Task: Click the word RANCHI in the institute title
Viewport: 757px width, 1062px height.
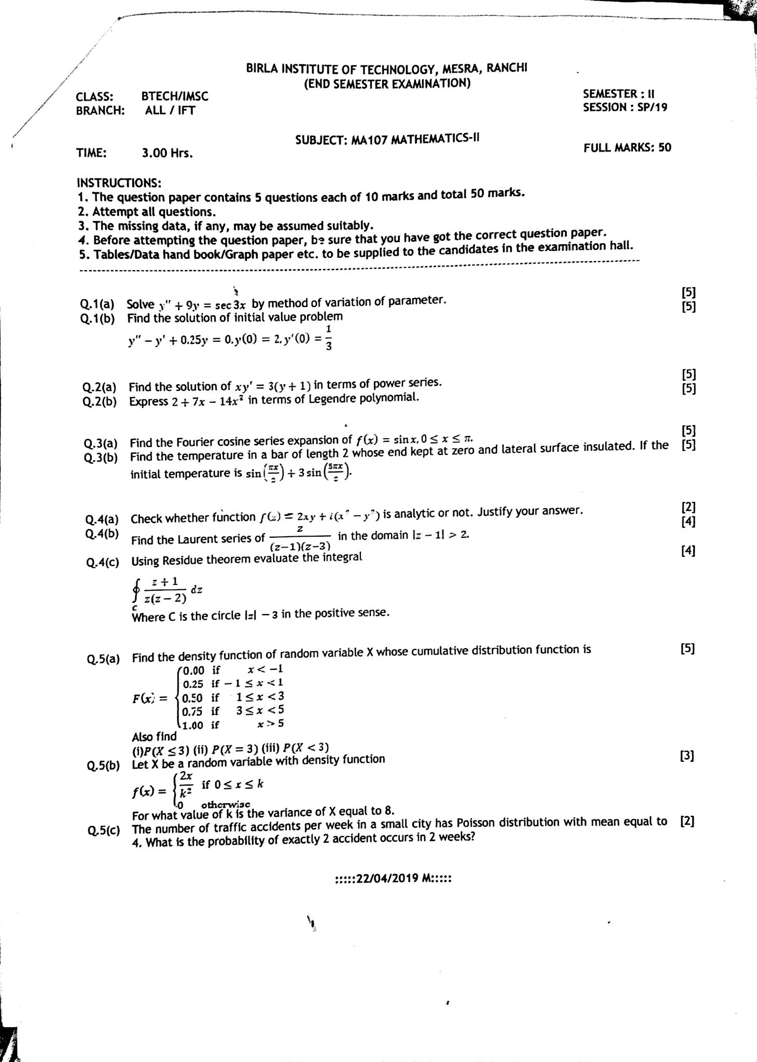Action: [507, 68]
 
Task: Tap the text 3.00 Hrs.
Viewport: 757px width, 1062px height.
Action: [167, 153]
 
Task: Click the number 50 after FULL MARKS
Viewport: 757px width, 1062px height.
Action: [664, 147]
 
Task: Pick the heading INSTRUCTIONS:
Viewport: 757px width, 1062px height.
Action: [119, 183]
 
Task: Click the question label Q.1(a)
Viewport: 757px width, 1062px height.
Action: [97, 304]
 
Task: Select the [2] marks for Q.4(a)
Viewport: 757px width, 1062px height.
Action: [688, 508]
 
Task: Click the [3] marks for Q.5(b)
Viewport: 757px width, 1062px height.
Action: [686, 756]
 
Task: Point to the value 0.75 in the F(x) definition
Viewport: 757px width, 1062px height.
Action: [192, 711]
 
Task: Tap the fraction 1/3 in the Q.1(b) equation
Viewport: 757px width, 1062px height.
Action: [328, 338]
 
